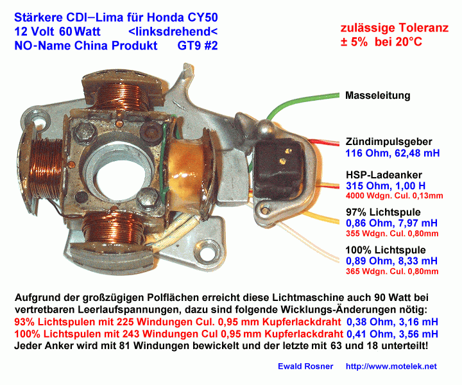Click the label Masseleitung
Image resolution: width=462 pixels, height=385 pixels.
click(377, 96)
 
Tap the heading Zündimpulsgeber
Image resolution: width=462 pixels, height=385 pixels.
click(389, 142)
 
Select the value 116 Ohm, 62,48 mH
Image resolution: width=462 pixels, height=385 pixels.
click(393, 153)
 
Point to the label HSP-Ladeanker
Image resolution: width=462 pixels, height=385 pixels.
click(384, 175)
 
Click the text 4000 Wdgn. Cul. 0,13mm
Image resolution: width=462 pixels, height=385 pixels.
click(394, 196)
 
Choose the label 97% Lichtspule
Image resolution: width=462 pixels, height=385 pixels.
click(383, 212)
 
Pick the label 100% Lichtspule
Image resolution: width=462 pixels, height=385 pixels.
click(386, 250)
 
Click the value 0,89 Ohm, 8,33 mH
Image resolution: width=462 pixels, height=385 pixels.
click(391, 261)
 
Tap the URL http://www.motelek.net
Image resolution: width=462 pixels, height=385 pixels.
click(391, 366)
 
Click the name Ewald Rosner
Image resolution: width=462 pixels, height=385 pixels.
click(305, 366)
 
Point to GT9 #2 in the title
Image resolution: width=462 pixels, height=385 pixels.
click(198, 46)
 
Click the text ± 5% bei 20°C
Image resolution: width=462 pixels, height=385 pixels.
click(381, 42)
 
